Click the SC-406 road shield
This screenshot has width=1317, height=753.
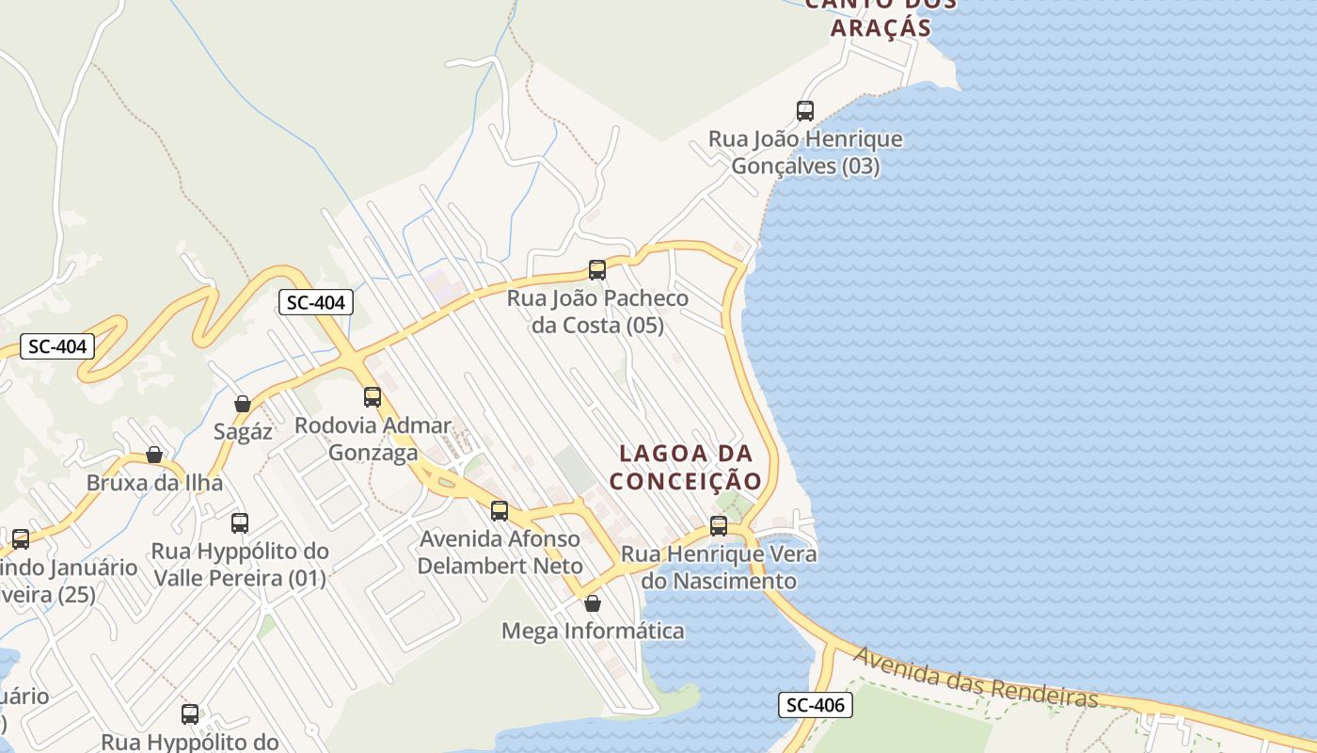click(815, 704)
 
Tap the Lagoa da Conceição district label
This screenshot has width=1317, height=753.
click(685, 468)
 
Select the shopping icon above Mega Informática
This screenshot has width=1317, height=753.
click(593, 603)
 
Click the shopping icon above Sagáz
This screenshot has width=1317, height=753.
click(243, 404)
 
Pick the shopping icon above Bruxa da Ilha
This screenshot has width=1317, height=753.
click(154, 456)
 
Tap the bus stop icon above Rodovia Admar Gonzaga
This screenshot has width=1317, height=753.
click(373, 397)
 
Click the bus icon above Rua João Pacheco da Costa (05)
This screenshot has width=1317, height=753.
click(597, 270)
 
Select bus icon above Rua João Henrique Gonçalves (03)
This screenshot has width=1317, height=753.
click(805, 111)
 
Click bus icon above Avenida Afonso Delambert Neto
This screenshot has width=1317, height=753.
click(500, 511)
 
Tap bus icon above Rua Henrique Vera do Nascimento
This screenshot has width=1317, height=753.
click(719, 526)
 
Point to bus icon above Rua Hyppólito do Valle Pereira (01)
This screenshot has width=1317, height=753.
click(240, 523)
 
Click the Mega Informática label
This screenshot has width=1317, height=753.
click(593, 631)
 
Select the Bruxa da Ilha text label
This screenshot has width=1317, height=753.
click(154, 483)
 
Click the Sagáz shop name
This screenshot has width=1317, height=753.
click(243, 432)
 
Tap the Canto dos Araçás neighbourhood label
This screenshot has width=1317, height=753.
click(881, 17)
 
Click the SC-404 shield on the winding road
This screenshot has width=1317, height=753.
click(57, 346)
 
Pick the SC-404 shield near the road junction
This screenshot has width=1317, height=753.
click(316, 302)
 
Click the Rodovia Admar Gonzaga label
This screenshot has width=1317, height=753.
click(373, 439)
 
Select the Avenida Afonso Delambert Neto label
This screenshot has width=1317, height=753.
click(500, 553)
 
